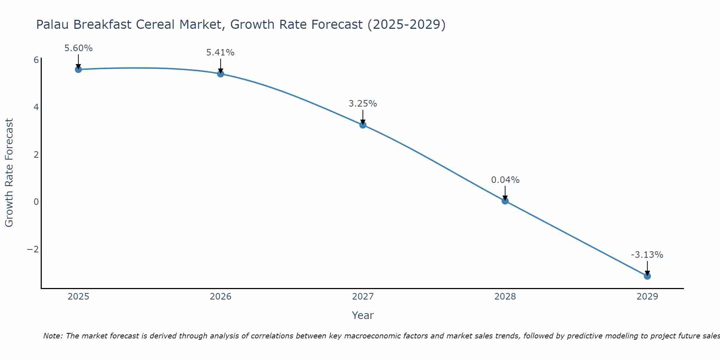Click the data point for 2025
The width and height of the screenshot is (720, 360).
[78, 69]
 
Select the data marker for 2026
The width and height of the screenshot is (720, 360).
[221, 74]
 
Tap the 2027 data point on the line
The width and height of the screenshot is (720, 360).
[363, 125]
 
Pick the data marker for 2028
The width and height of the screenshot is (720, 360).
[505, 201]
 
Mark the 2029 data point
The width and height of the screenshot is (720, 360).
[647, 276]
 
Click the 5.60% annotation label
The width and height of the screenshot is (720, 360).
[78, 48]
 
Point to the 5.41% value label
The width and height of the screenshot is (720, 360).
[220, 53]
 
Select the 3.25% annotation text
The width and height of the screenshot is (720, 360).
[363, 104]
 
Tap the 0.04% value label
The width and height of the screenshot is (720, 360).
[505, 180]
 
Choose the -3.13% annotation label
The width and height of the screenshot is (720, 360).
[647, 255]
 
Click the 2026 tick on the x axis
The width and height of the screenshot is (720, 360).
[221, 297]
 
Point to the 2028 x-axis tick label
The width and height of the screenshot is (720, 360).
[505, 297]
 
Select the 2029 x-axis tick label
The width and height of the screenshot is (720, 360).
[647, 297]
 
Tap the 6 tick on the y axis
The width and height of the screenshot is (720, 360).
[36, 60]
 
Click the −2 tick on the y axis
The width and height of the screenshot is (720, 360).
[33, 249]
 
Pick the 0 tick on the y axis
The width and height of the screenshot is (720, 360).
[36, 202]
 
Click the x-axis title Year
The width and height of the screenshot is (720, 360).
[363, 315]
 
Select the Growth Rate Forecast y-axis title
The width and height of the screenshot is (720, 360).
[9, 173]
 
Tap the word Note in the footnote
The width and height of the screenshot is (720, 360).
[53, 336]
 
